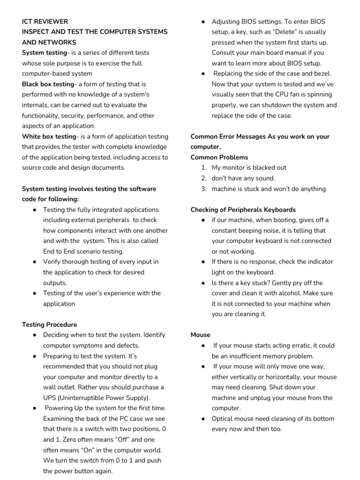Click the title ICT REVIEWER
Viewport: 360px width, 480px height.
(45, 22)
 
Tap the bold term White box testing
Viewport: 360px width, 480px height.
(49, 136)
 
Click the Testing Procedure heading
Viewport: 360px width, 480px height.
(50, 324)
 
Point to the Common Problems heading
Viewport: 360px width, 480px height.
(219, 157)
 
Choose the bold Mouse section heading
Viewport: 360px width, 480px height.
(201, 335)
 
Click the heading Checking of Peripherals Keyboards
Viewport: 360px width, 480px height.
(243, 210)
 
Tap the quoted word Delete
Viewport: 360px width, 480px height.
(294, 32)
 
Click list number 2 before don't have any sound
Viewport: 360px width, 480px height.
(203, 178)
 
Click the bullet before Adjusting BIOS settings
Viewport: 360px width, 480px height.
(202, 22)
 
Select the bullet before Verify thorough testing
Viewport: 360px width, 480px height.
(35, 262)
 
